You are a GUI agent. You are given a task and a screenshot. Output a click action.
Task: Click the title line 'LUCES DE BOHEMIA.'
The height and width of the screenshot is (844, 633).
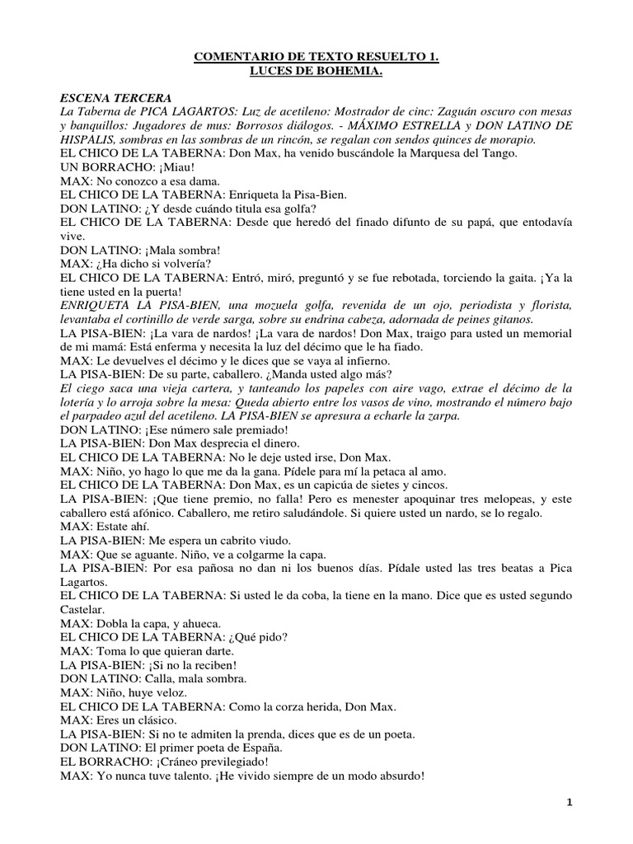pyautogui.click(x=316, y=73)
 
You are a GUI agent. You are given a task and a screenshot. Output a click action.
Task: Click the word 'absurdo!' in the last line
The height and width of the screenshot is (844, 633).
pyautogui.click(x=399, y=776)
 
